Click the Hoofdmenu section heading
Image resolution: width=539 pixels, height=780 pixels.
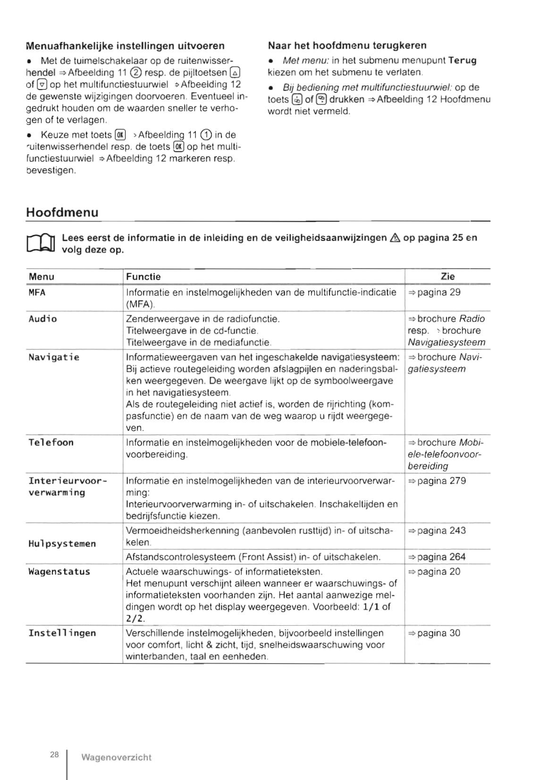pos(62,212)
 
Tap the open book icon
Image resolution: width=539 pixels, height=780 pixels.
pos(42,243)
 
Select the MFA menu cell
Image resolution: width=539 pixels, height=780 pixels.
pos(37,292)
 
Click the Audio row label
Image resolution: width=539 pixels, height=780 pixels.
pos(42,319)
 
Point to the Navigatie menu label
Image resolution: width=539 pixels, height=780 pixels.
pos(54,357)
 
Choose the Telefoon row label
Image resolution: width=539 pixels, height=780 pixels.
pos(51,442)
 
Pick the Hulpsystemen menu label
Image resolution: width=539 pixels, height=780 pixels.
pos(62,543)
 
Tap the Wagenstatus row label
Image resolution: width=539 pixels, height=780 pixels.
pos(59,572)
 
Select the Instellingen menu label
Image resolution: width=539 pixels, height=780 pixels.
pos(62,633)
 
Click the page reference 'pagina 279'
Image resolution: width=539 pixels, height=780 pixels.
pos(441,481)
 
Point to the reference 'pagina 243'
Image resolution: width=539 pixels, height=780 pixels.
pos(441,531)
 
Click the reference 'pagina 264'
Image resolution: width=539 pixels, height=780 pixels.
pos(441,557)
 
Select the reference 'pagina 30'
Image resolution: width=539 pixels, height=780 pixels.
pos(438,633)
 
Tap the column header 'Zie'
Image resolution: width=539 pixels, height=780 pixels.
pos(447,276)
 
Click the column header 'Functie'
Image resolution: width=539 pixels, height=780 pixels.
pos(143,276)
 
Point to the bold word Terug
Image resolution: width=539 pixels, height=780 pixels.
pos(462,60)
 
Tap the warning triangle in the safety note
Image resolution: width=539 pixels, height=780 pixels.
pos(395,238)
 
